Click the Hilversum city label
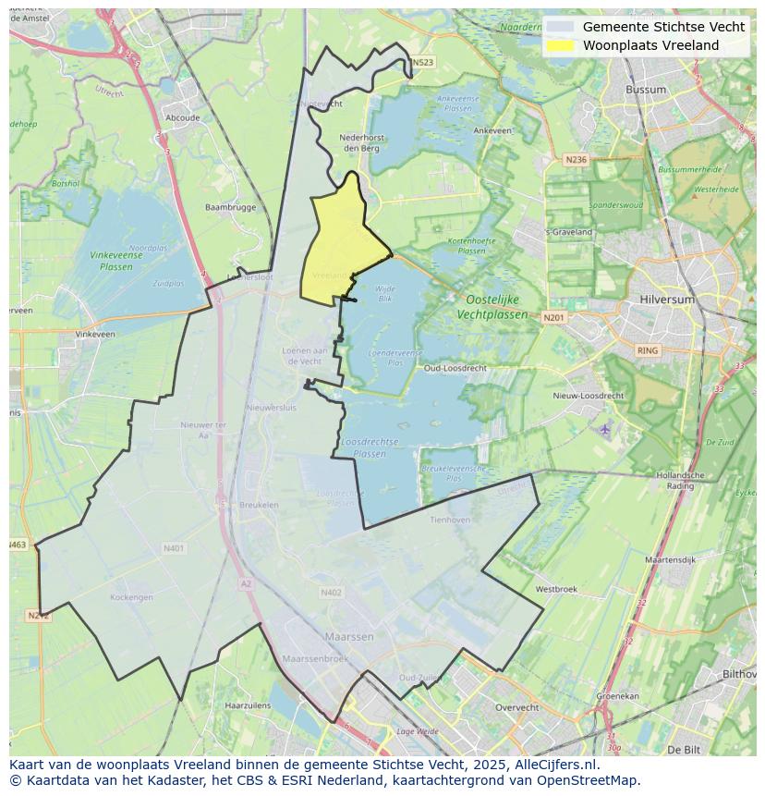[x=665, y=300]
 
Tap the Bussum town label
[x=645, y=90]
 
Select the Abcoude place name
[x=182, y=118]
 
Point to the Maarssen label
[x=349, y=637]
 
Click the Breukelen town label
[x=260, y=505]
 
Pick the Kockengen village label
[x=131, y=597]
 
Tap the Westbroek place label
[x=556, y=589]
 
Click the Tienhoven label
[x=450, y=520]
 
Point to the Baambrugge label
[x=230, y=207]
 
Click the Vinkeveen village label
[x=95, y=334]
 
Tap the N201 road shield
[x=553, y=318]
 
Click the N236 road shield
[x=576, y=160]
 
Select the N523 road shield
[x=422, y=63]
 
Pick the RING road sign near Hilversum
[x=648, y=350]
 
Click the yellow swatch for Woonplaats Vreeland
[x=560, y=45]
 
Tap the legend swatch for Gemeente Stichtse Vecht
[x=560, y=28]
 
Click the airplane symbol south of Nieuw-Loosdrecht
[x=604, y=430]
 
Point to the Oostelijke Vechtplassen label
[x=492, y=307]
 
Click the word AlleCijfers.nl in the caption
[x=556, y=765]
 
